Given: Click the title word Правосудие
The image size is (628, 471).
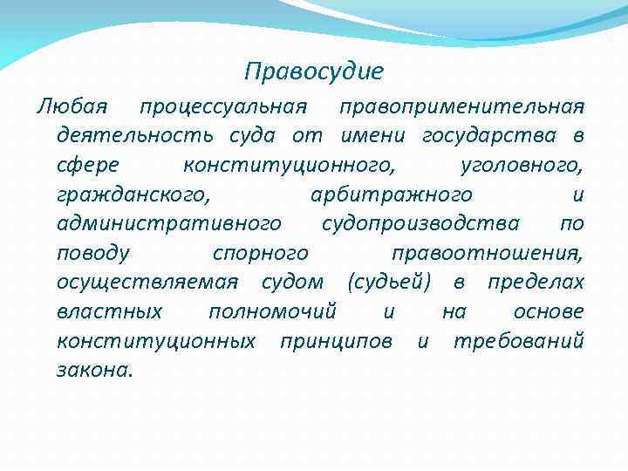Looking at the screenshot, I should (314, 70).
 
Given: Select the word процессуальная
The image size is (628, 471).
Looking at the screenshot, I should (222, 107).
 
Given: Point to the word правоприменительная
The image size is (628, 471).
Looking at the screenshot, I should (461, 107).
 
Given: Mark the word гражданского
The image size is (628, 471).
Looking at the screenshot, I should (132, 195).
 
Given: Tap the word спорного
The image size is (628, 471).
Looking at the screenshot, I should (260, 253).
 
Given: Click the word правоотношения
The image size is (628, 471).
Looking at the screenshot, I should (488, 253).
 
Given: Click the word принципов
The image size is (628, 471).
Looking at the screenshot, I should (336, 340).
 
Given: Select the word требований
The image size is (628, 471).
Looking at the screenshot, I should (518, 340).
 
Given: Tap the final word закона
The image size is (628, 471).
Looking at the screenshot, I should (94, 370).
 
